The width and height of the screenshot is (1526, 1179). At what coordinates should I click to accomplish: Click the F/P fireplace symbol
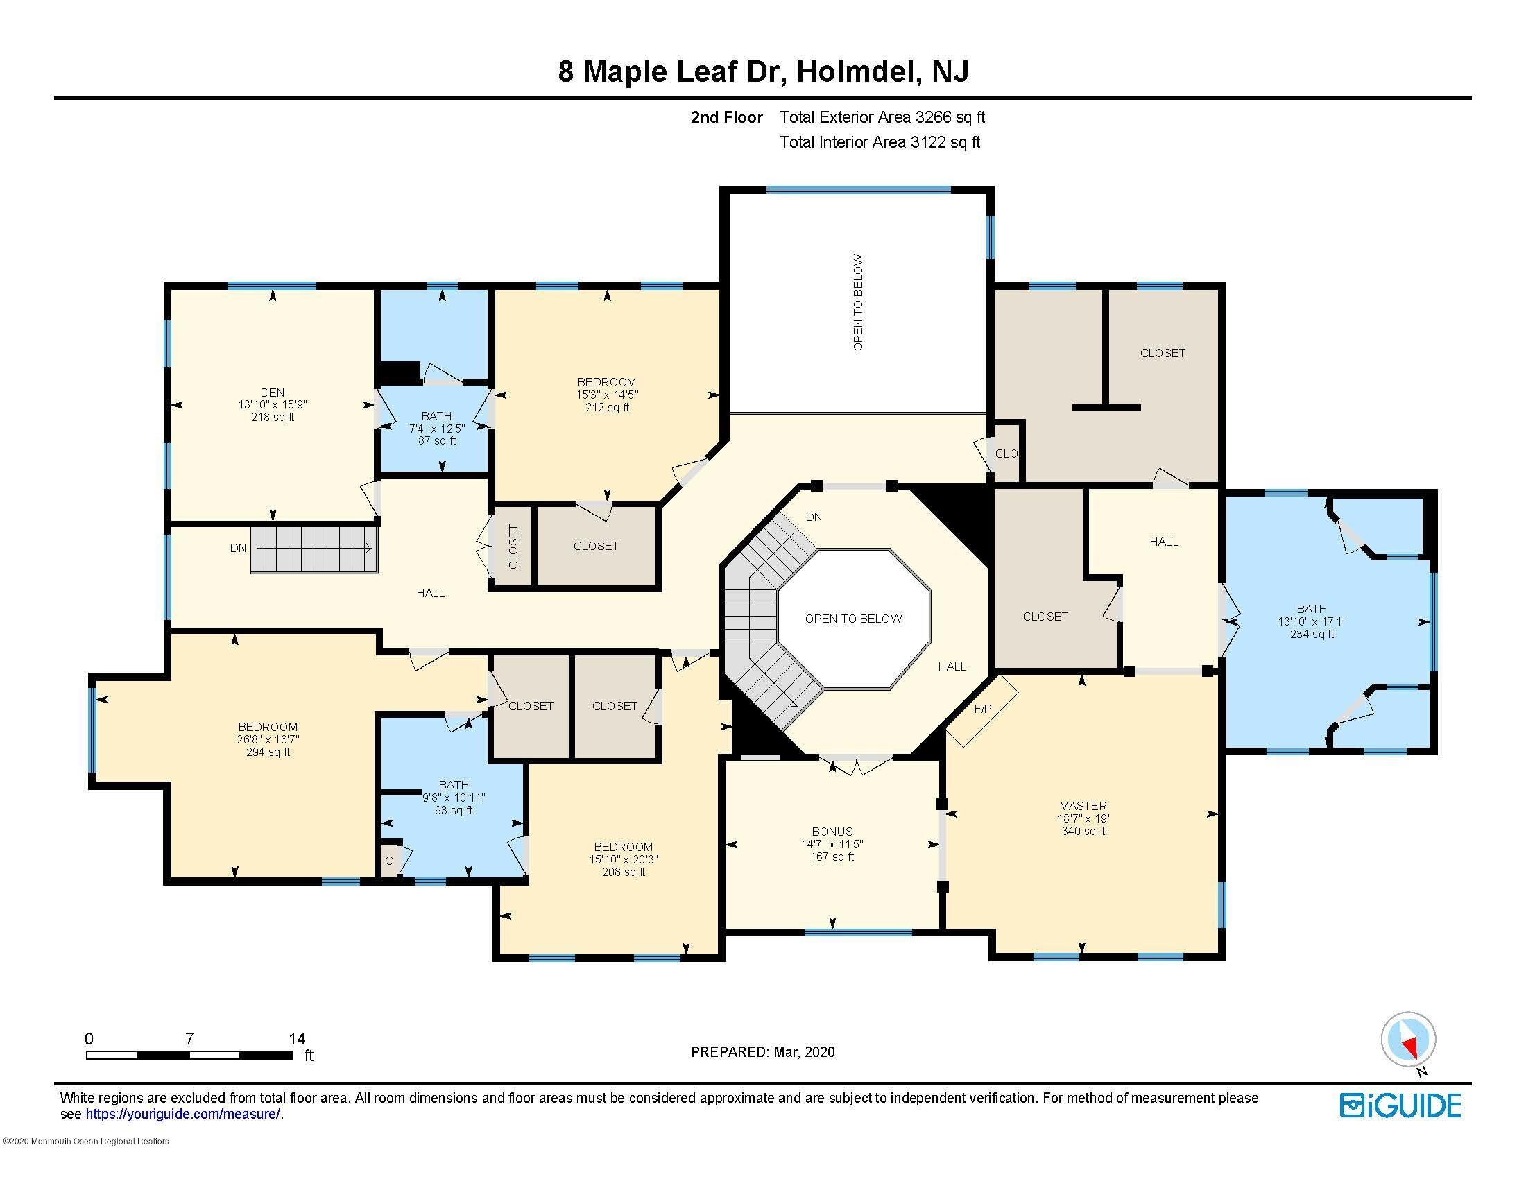point(982,709)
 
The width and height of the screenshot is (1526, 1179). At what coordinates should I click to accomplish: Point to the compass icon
point(1408,1040)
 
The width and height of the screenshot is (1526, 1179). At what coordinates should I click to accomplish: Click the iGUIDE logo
point(1400,1105)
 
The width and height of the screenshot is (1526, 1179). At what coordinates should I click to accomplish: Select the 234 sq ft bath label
point(1312,621)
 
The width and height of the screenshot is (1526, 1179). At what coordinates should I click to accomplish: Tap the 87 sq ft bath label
point(437,427)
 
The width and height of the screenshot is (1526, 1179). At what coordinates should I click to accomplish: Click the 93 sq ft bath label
point(454,797)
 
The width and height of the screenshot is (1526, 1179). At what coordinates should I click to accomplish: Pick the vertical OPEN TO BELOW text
point(858,302)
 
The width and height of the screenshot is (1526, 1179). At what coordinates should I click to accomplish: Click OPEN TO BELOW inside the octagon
point(853,618)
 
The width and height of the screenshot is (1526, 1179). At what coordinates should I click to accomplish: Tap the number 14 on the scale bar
point(297,1039)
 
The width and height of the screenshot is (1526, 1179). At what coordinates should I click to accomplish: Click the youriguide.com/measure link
point(183,1114)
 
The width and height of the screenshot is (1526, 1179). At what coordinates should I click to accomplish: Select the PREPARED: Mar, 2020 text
point(762,1052)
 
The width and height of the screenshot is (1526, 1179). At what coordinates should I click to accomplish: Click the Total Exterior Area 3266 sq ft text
point(882,117)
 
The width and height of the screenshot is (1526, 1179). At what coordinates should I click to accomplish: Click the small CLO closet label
point(1006,454)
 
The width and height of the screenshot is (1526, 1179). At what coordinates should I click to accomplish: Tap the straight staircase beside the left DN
point(314,549)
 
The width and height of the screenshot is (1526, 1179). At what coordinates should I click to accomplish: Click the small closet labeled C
point(389,861)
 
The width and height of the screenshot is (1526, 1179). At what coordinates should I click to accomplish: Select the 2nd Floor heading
point(726,117)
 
